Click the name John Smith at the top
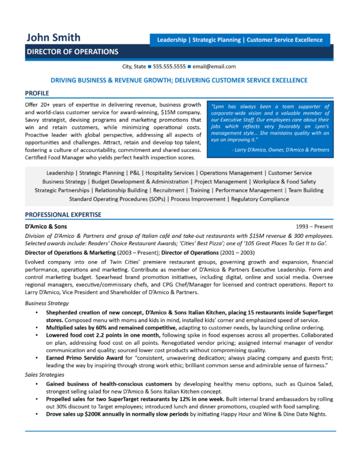point(53,38)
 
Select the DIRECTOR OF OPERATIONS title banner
point(72,52)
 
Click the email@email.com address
point(214,67)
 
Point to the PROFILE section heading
point(38,94)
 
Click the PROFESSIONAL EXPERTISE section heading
point(63,214)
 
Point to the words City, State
point(136,67)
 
